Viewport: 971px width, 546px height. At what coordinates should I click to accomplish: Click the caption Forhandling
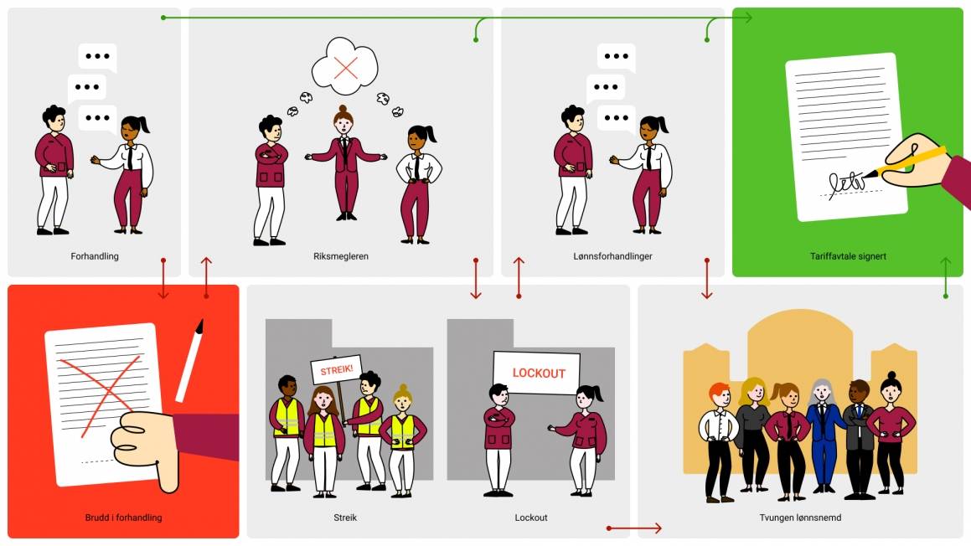(95, 256)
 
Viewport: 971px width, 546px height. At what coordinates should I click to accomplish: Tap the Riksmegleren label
(340, 256)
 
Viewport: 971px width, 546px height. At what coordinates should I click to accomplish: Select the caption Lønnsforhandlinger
(612, 256)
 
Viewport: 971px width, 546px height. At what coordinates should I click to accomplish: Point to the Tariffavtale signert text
(848, 256)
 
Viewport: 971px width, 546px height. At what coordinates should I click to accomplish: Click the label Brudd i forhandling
(123, 518)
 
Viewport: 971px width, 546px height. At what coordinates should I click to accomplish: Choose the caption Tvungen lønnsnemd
(800, 518)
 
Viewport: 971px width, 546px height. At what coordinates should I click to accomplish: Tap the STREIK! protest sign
(333, 369)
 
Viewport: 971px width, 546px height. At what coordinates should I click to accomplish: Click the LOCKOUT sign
(537, 373)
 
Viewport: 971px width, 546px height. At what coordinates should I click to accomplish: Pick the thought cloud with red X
(344, 64)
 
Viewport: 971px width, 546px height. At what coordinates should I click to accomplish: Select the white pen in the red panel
(190, 360)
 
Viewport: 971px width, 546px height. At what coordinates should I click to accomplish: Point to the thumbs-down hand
(149, 447)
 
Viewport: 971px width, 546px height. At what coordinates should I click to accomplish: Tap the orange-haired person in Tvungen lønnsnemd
(719, 440)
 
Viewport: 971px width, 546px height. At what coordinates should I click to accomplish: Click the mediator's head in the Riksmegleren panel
(343, 121)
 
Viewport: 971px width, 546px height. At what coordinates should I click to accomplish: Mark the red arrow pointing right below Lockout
(634, 528)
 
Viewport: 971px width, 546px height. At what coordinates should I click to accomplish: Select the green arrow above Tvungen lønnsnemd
(946, 278)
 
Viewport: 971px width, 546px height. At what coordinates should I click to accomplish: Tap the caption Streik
(345, 518)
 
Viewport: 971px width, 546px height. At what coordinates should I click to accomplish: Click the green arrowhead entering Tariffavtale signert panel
(746, 18)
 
